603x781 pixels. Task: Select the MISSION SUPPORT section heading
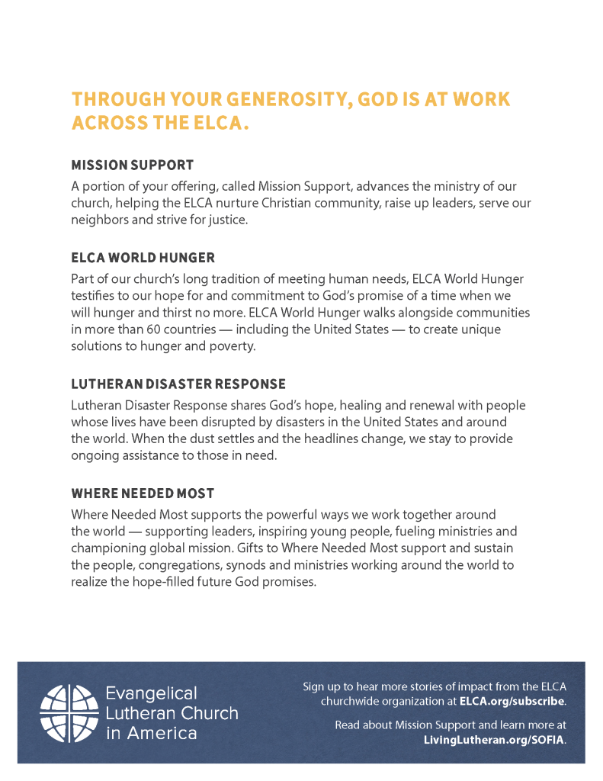(133, 165)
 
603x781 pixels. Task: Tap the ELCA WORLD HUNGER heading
(143, 258)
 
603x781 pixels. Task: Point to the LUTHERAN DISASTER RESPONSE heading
(178, 384)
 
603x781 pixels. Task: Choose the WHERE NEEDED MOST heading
(143, 493)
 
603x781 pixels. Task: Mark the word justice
(228, 220)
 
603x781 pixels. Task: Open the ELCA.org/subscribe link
(512, 701)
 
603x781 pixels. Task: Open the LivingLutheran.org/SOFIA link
(494, 740)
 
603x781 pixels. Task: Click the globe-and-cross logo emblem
(68, 713)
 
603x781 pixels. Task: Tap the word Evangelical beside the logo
(151, 693)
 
